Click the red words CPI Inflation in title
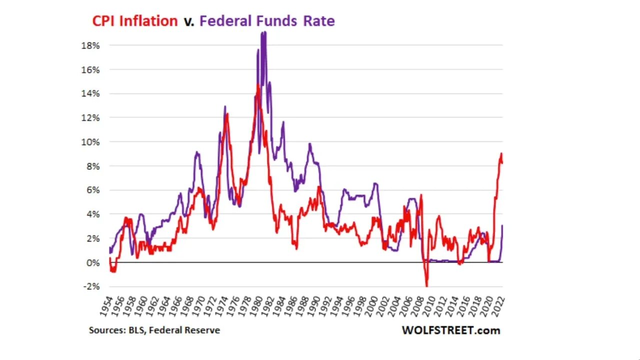(x=134, y=21)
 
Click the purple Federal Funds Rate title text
(x=267, y=21)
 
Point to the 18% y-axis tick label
(x=90, y=45)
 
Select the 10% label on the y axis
(x=90, y=142)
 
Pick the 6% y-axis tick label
(x=92, y=190)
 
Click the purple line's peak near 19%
(x=263, y=32)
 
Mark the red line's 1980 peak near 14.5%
(x=258, y=85)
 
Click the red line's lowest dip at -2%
(x=426, y=286)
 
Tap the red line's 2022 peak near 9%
(x=501, y=153)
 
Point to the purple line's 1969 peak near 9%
(x=197, y=152)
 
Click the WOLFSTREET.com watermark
(x=450, y=330)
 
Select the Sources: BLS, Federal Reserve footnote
(x=154, y=330)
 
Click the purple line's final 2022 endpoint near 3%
(x=502, y=225)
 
